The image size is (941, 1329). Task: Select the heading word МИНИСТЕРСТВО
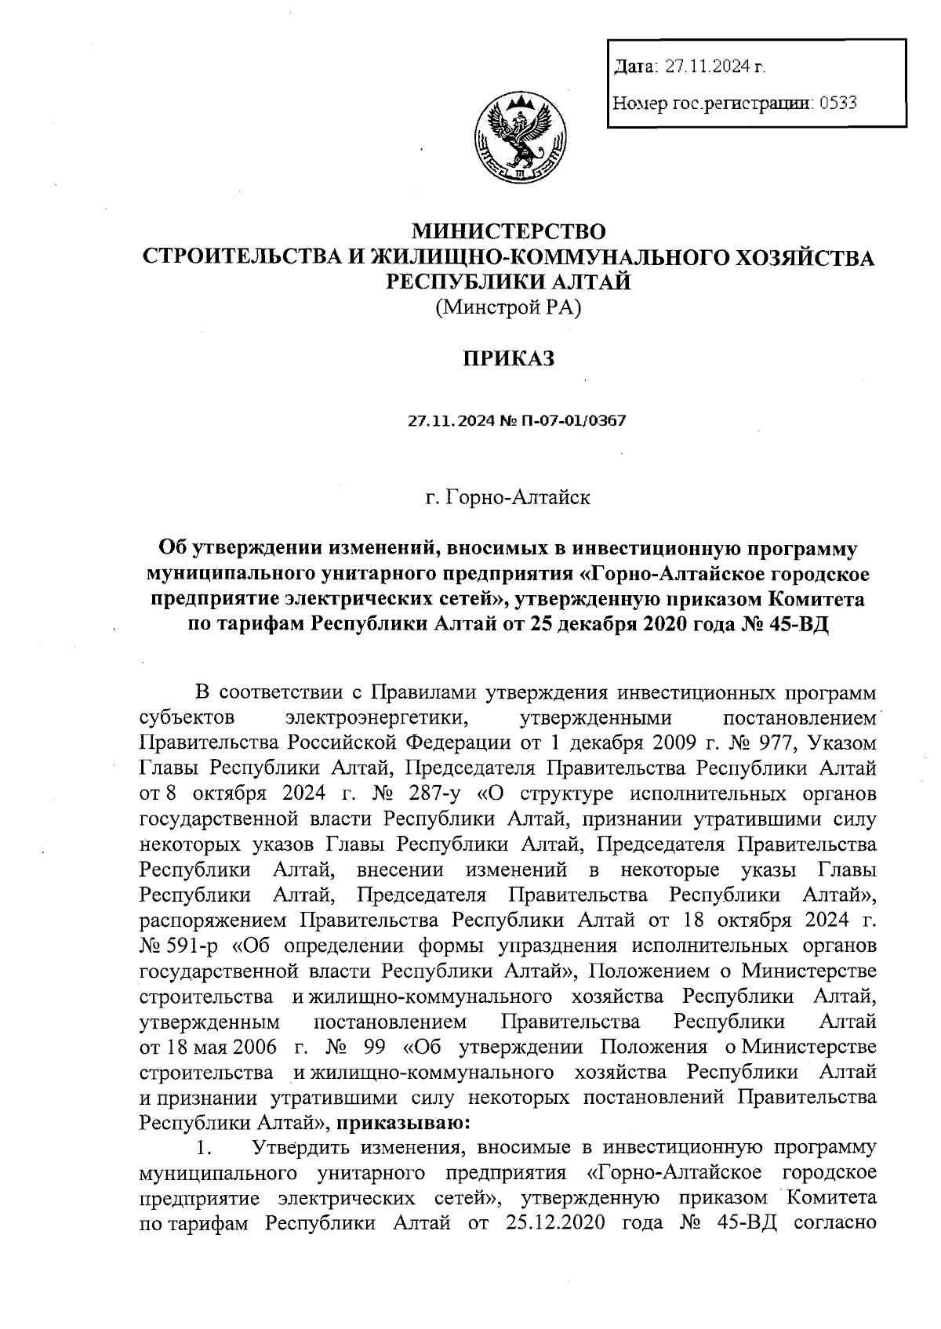pyautogui.click(x=510, y=231)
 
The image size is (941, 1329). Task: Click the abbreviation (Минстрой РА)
pyautogui.click(x=509, y=308)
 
